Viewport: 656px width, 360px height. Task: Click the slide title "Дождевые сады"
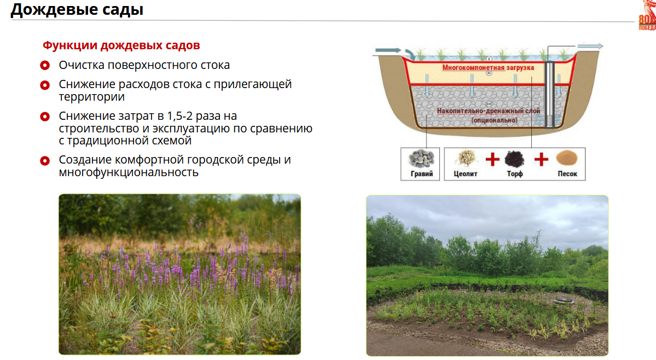pos(77,9)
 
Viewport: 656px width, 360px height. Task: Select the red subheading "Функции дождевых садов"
pos(121,45)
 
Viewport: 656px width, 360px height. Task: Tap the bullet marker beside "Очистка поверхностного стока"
pos(45,65)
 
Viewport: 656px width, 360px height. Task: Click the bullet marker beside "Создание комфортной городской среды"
pos(45,160)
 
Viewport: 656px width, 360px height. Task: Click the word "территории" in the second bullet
pos(91,97)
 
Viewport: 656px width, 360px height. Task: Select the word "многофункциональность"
pos(129,172)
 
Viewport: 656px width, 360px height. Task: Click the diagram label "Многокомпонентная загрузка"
pos(488,68)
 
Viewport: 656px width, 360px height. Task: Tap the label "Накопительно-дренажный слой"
pos(488,111)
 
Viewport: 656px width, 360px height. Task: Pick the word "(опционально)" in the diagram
pos(494,120)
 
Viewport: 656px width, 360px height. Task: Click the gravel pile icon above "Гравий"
pos(421,159)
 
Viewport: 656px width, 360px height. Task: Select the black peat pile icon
pos(515,159)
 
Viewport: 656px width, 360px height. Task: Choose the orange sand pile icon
pos(567,158)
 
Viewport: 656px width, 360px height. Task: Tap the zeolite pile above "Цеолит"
pos(466,159)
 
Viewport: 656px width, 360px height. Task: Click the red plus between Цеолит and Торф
pos(492,159)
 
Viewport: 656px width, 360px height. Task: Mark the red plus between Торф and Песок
pos(541,159)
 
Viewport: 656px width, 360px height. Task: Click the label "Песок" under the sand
pos(567,174)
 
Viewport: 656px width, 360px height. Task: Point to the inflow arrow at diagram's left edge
pos(388,50)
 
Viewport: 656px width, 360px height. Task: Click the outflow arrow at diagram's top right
pos(590,46)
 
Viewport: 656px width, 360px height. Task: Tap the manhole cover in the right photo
pos(563,299)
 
